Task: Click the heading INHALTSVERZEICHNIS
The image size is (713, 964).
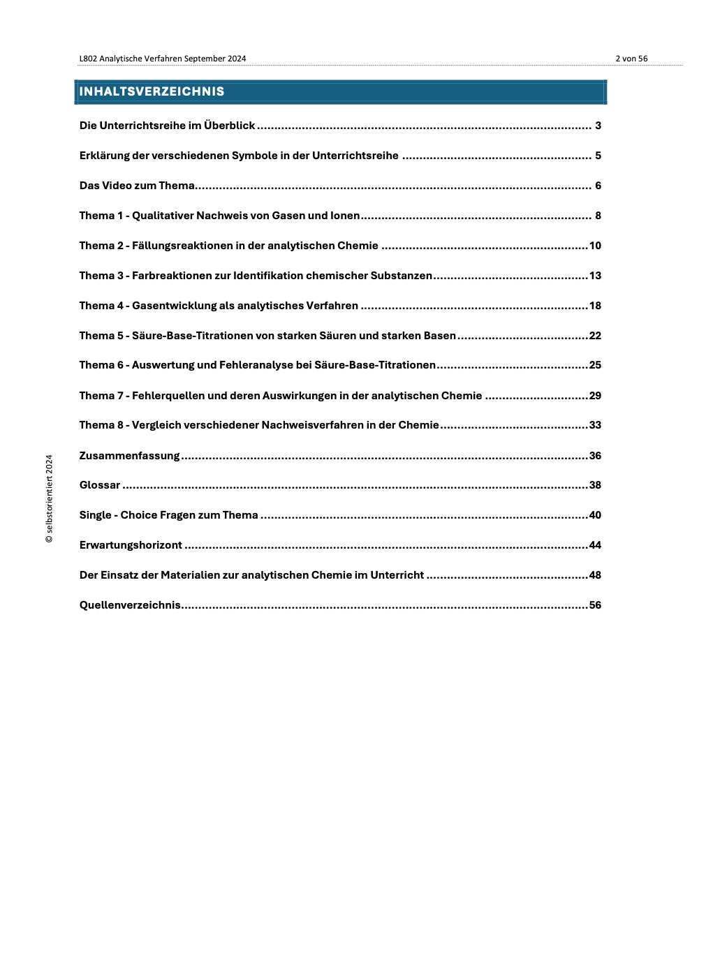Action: tap(152, 91)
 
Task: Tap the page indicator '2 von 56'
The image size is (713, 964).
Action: tap(631, 59)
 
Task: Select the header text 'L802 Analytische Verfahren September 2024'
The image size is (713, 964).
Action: tap(163, 59)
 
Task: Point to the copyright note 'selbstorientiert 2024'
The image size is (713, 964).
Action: tap(49, 499)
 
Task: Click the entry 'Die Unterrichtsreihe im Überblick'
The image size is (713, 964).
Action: tap(167, 126)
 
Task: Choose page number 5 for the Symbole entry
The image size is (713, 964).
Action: tap(598, 156)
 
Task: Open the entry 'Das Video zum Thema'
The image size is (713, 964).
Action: tap(137, 186)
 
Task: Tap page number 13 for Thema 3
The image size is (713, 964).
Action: tap(595, 276)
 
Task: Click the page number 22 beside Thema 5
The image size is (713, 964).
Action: tap(595, 336)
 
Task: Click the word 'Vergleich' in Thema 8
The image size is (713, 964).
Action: tap(156, 425)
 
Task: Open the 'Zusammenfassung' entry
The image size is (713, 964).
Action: tap(129, 456)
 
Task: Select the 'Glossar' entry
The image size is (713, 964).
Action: tap(100, 485)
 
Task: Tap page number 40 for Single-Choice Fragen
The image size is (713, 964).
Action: tap(595, 515)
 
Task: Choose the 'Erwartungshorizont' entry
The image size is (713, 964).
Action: tap(131, 545)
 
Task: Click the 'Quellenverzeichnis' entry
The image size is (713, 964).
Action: tap(130, 605)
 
